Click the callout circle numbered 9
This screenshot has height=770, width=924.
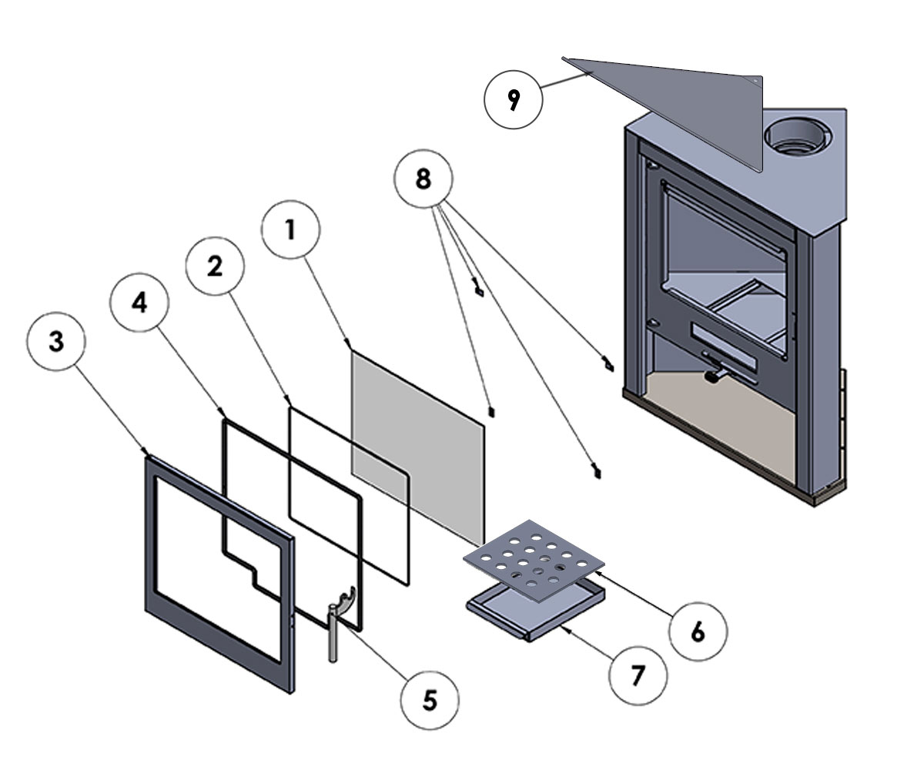(514, 101)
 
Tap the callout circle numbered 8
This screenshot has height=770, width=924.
(423, 179)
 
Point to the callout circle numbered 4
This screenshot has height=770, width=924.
(139, 303)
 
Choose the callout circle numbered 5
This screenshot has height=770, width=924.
(430, 701)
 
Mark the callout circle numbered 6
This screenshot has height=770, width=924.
(698, 631)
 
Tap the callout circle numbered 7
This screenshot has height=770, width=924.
(638, 675)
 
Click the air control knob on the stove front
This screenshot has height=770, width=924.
(715, 377)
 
